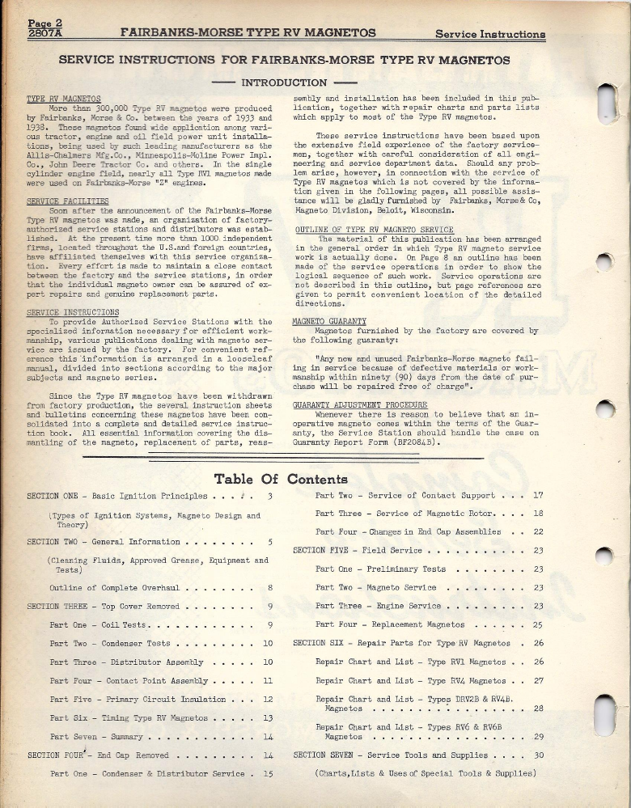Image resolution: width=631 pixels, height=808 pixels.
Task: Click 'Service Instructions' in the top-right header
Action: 489,34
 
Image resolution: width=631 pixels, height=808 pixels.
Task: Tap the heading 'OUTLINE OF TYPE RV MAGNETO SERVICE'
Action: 373,230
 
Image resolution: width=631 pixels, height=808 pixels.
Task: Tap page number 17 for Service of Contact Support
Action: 538,495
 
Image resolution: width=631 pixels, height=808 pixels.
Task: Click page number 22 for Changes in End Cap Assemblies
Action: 538,531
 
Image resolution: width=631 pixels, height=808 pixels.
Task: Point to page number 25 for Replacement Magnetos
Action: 538,624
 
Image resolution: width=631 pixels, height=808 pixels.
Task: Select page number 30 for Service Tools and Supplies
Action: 538,755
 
